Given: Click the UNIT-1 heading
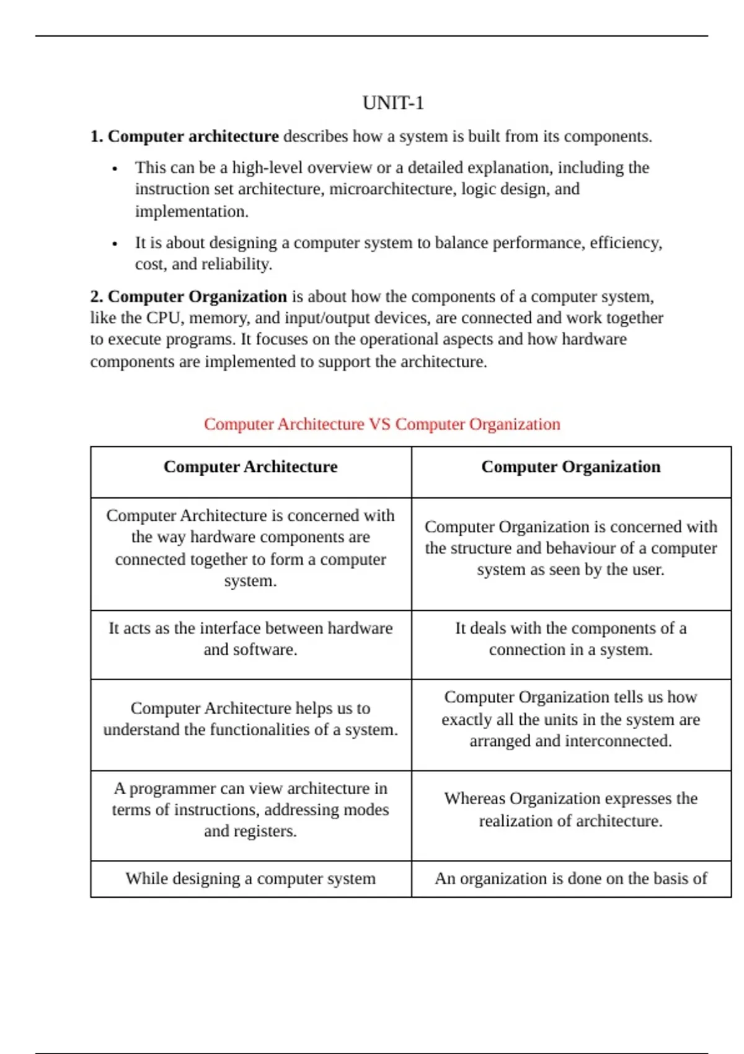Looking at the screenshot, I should coord(393,103).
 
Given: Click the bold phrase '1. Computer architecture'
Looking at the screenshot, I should coord(185,136).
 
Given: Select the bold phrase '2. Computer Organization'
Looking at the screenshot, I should coord(188,296).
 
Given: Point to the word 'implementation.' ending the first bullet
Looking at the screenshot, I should coord(192,211).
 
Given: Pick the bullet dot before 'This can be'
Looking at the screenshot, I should coord(115,169).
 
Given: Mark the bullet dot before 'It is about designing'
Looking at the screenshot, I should coord(115,244).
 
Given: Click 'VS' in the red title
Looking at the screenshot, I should coord(379,424).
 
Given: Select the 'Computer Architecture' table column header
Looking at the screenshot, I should coord(250,467).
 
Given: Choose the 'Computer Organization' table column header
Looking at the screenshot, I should coord(570,467).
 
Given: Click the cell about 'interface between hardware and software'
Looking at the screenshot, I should coord(250,639).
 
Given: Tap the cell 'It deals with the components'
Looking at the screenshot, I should coord(570,639).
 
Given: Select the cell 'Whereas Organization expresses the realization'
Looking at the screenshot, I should coord(570,810).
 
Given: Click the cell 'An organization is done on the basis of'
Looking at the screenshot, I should coord(570,879).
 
